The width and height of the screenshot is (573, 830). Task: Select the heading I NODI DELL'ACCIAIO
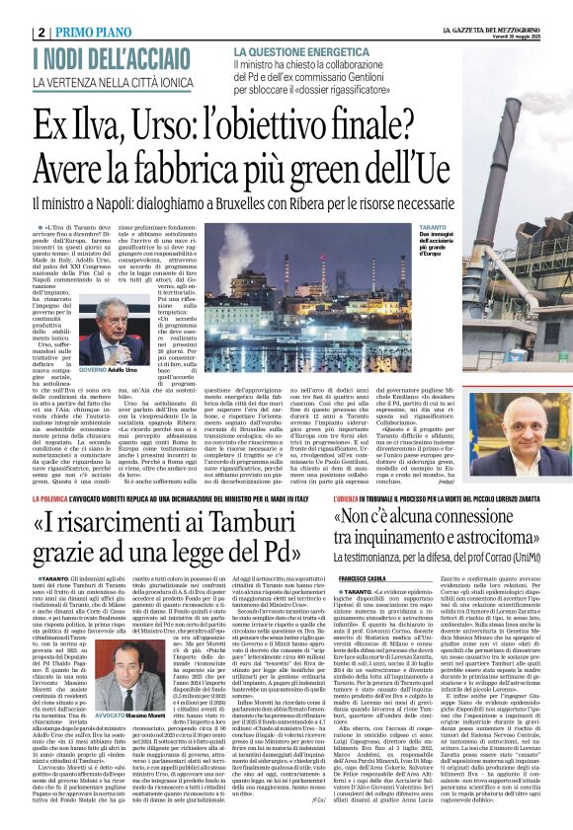[x=110, y=58]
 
